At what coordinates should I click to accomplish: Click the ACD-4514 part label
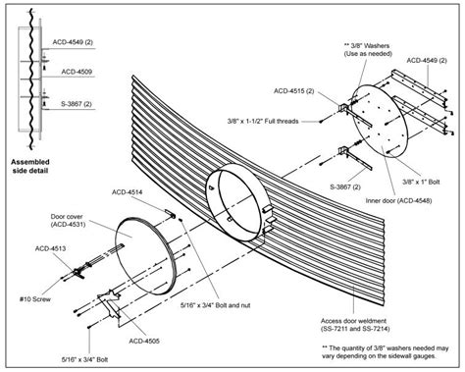pos(128,192)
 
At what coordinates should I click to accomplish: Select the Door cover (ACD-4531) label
pos(68,220)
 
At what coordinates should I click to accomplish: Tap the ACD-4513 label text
pos(50,248)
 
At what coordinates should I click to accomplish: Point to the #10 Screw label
pos(35,298)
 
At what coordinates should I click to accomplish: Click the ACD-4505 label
pos(144,342)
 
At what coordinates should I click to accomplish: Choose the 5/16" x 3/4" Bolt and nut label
pos(216,305)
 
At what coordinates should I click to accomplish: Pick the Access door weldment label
pos(355,325)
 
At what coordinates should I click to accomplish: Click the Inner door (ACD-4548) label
pos(398,200)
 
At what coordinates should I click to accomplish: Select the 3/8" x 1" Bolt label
pos(421,182)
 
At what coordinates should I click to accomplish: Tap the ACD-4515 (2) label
pos(294,91)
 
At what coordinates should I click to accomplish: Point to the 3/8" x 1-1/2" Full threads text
pos(263,121)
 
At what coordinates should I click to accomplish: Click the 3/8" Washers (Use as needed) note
pos(368,50)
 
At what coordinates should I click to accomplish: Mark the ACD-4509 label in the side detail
pos(77,72)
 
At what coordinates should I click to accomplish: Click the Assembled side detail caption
pos(30,166)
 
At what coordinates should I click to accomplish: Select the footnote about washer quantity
pos(386,352)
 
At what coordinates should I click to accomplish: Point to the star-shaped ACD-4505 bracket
pos(110,303)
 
